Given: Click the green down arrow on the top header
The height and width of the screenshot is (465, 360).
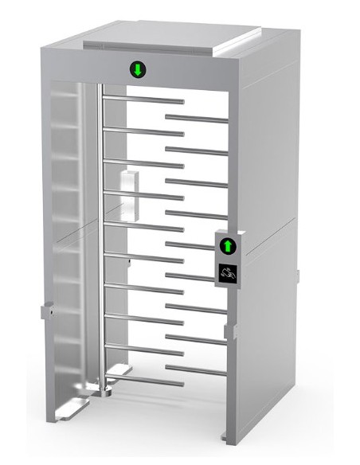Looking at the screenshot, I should [x=138, y=69].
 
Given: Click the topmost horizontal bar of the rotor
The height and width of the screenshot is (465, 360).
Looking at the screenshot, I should [x=143, y=101].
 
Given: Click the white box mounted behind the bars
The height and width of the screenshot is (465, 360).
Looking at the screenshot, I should [x=126, y=192].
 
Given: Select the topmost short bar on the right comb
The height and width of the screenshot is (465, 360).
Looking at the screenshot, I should [x=195, y=119].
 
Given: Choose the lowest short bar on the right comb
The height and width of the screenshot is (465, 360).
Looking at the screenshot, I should [x=195, y=367].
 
